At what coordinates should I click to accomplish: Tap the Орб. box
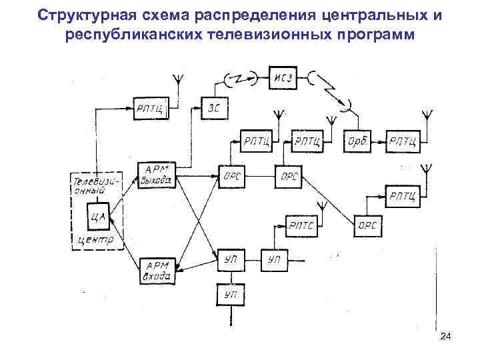[357, 141]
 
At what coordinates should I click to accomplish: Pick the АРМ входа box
[157, 268]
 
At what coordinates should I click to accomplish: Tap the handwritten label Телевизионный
[97, 185]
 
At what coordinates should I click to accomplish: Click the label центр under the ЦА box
[95, 239]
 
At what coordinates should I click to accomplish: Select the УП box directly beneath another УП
[230, 293]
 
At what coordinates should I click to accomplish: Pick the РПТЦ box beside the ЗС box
[153, 107]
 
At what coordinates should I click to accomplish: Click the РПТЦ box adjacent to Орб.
[404, 141]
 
